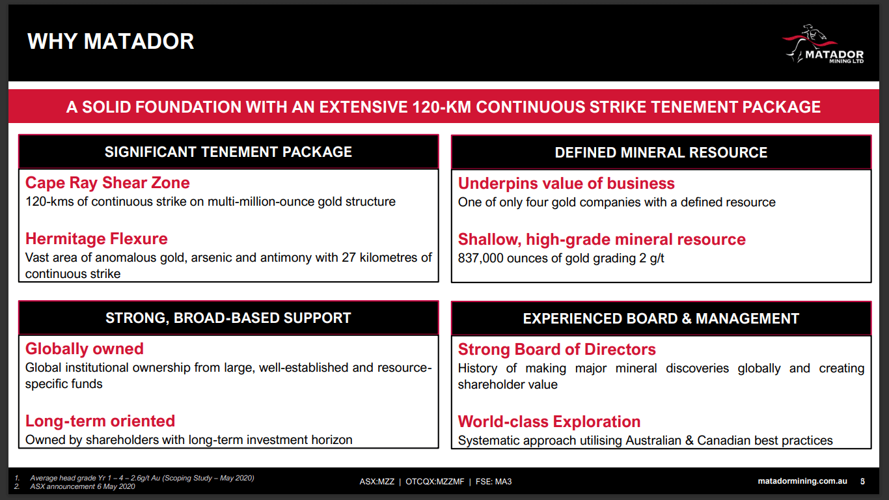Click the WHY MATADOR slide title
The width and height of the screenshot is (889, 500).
(111, 42)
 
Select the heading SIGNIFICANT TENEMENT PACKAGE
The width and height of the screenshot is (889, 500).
(228, 152)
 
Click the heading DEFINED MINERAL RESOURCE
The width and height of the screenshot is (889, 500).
(661, 153)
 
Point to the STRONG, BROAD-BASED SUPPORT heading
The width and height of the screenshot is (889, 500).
(228, 318)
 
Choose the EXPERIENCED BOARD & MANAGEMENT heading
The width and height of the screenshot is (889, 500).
(661, 319)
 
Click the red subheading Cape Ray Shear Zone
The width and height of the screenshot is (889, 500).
(107, 183)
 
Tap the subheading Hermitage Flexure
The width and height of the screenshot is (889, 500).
(96, 239)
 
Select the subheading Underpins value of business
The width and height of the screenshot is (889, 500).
(566, 184)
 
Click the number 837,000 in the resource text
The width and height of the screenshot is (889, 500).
(482, 258)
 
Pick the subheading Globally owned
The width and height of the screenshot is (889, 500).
(85, 349)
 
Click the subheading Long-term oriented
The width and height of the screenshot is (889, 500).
(100, 421)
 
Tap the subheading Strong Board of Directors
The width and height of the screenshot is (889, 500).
(556, 350)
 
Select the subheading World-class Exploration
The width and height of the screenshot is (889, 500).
(549, 422)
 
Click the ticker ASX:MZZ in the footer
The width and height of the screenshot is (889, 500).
(377, 482)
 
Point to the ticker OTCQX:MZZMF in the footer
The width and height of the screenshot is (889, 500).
(435, 482)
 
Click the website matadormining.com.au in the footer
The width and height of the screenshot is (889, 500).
(802, 482)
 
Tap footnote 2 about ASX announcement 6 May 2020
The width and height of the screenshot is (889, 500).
(82, 487)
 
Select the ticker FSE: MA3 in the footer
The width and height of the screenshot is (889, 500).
(493, 482)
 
